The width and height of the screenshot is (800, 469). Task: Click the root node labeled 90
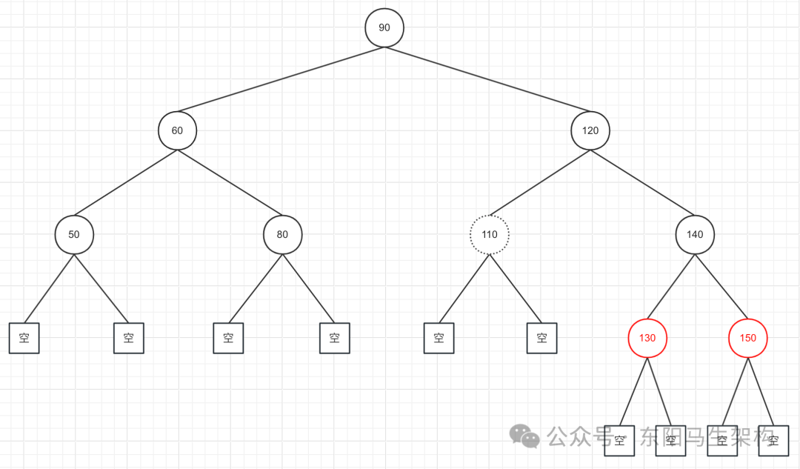pos(384,27)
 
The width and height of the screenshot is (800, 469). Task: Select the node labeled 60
pos(177,130)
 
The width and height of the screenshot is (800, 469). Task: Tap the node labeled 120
pos(590,130)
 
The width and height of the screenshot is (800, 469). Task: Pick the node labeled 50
pos(74,235)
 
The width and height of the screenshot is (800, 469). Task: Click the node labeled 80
pos(282,235)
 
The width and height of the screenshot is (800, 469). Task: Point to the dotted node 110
pos(490,235)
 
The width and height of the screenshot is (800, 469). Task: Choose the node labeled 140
pos(695,235)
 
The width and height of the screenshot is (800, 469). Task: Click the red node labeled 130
pos(647,339)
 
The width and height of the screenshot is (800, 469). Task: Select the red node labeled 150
pos(748,339)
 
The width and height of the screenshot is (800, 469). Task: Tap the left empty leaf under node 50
pos(24,339)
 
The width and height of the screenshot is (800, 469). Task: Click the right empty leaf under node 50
pos(129,339)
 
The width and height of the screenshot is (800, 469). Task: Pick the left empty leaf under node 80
pos(228,339)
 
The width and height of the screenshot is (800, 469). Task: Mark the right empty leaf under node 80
pos(334,339)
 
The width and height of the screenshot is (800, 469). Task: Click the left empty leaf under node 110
pos(439,339)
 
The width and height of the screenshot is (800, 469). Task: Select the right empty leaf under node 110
pos(542,339)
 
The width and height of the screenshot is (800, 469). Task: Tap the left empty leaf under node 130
pos(620,441)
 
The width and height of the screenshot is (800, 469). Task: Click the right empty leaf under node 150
pos(773,441)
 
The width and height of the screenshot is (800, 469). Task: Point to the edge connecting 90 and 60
pos(281,79)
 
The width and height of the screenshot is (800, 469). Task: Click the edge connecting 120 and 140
pos(643,183)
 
